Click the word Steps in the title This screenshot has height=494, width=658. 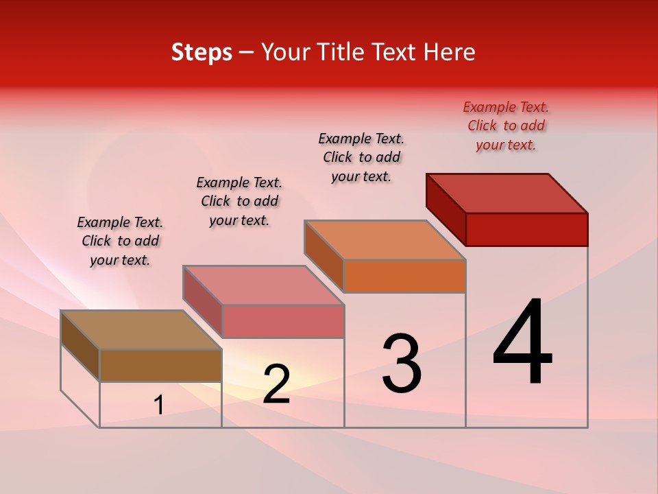201,52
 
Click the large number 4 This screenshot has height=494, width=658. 522,342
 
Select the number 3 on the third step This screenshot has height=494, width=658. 401,364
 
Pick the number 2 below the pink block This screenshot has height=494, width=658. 276,384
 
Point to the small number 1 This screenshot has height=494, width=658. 159,405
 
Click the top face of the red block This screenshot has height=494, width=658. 507,193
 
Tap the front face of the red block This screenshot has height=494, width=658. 526,229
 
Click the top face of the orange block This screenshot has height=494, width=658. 385,240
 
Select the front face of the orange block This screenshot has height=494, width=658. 404,276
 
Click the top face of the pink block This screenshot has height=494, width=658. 263,285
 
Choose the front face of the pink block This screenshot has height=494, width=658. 283,321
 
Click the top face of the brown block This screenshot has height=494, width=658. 141,330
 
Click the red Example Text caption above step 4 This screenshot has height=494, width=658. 506,126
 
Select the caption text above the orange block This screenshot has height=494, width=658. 361,157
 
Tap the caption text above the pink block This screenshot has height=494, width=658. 239,201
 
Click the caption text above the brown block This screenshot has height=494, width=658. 120,241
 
